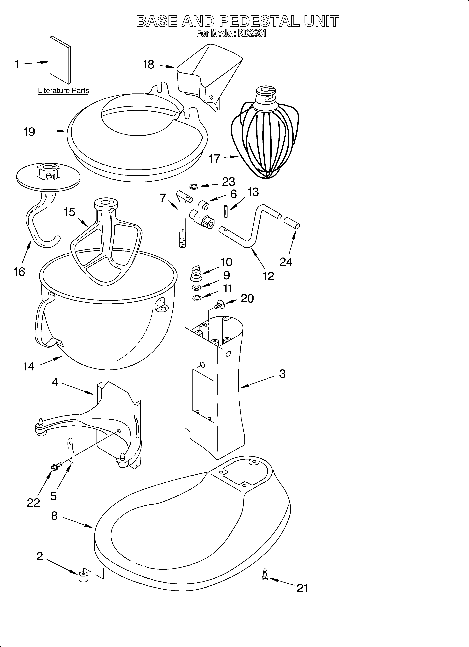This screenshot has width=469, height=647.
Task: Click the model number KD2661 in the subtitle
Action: click(251, 34)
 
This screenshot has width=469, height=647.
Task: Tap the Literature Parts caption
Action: click(63, 91)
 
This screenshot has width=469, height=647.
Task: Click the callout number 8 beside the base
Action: click(54, 516)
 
